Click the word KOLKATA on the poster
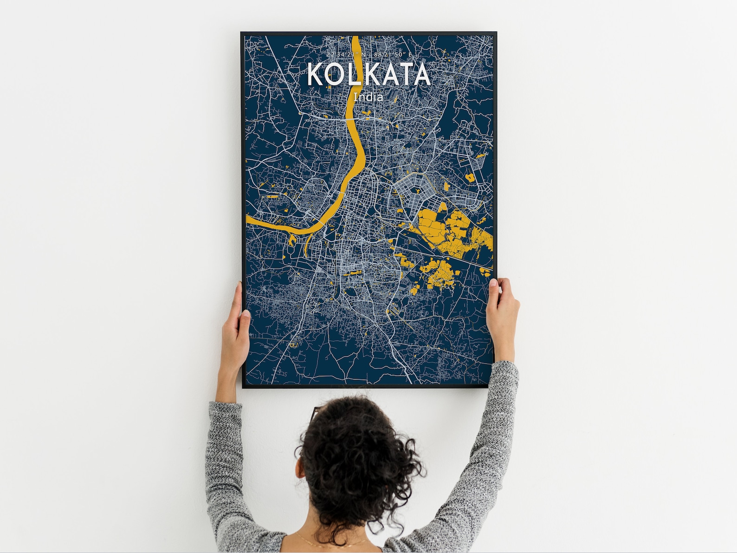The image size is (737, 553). pyautogui.click(x=368, y=74)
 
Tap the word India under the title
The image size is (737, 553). pyautogui.click(x=368, y=97)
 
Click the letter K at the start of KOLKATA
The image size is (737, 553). pyautogui.click(x=316, y=75)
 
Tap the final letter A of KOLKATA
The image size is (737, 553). pyautogui.click(x=421, y=75)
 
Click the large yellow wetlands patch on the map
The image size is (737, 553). pyautogui.click(x=446, y=232)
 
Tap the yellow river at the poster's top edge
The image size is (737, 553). pyautogui.click(x=356, y=39)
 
